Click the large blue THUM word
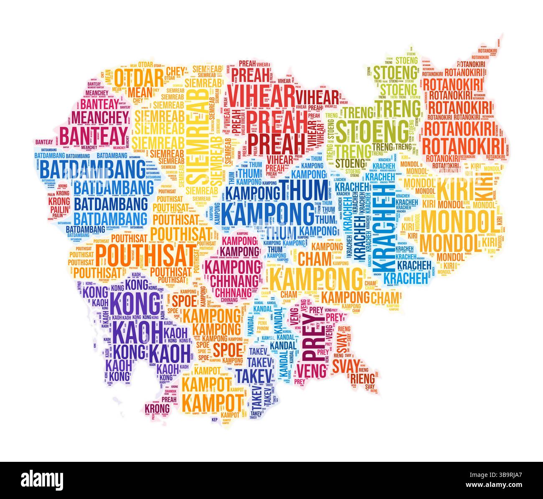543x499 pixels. [304, 190]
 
